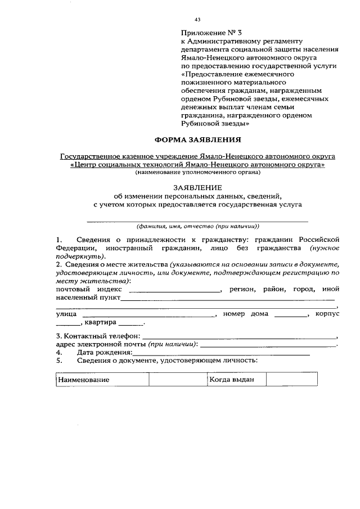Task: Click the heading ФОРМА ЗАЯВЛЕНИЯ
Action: click(x=197, y=139)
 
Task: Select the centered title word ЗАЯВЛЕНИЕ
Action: click(x=197, y=187)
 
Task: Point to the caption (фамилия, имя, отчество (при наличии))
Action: click(x=198, y=227)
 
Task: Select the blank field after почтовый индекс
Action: click(x=175, y=291)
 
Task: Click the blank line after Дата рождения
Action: click(x=221, y=354)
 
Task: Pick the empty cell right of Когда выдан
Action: click(x=283, y=380)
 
